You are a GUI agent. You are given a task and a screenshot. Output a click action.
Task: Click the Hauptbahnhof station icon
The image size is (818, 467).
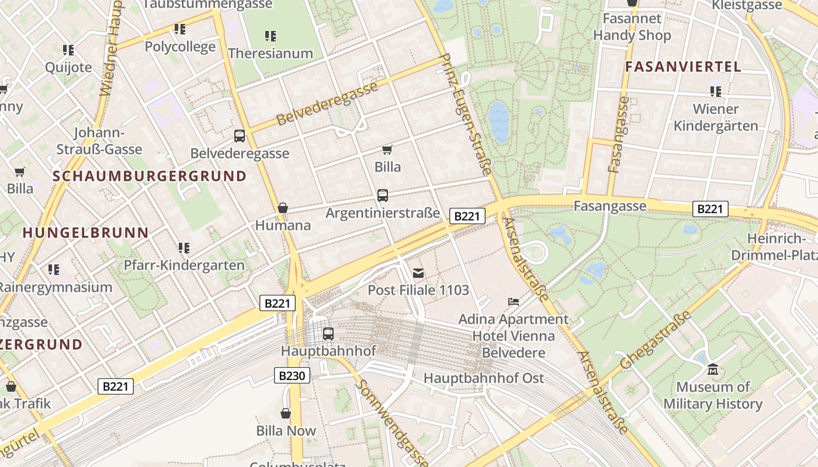point(328,334)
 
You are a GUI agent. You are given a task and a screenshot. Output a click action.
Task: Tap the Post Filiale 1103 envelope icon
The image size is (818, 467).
point(418,273)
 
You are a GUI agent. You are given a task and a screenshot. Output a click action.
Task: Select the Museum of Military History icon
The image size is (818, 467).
point(712,370)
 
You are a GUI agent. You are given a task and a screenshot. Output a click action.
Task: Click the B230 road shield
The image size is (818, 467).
point(292,375)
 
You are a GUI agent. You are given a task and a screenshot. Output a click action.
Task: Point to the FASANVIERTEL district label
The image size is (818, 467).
point(683,67)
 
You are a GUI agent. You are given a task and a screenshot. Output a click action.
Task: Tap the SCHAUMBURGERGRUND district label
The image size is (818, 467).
point(150,176)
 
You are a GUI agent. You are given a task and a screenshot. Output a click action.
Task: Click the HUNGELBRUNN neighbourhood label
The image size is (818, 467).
point(85,233)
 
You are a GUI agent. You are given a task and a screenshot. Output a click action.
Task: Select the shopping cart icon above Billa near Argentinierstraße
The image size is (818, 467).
point(387,150)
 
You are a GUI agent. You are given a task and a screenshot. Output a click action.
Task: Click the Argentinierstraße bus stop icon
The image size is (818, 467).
point(383,196)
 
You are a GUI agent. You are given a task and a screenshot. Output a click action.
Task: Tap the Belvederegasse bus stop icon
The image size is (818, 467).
point(240,136)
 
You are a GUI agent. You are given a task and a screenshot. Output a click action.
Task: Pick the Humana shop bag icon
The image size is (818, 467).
point(283,208)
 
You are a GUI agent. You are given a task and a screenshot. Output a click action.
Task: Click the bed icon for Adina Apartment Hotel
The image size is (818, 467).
point(514,302)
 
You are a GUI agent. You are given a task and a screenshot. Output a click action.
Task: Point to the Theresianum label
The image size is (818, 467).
point(271,53)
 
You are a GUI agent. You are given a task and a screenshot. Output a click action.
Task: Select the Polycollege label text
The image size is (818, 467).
point(180,47)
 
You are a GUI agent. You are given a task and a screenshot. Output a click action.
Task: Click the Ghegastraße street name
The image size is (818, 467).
point(655,340)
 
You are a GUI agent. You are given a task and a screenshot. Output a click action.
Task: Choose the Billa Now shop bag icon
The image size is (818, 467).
point(286,413)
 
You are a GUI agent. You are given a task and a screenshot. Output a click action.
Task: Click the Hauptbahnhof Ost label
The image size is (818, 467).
point(483,378)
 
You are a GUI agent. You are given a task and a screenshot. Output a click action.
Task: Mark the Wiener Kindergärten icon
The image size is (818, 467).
point(716,91)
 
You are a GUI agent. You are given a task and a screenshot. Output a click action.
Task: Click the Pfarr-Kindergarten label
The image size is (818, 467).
point(184,265)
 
